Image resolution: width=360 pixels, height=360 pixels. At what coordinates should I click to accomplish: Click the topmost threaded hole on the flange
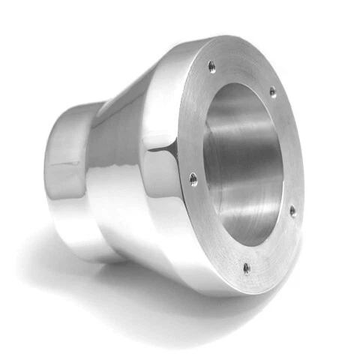[x=212, y=66]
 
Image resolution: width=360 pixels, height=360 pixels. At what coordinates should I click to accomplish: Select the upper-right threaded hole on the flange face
[x=272, y=93]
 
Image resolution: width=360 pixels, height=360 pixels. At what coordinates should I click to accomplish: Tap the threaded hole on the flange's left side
[x=193, y=178]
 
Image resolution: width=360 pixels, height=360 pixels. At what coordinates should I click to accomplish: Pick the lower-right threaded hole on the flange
[x=292, y=211]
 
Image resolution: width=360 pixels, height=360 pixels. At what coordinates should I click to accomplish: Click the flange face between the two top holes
[x=244, y=71]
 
